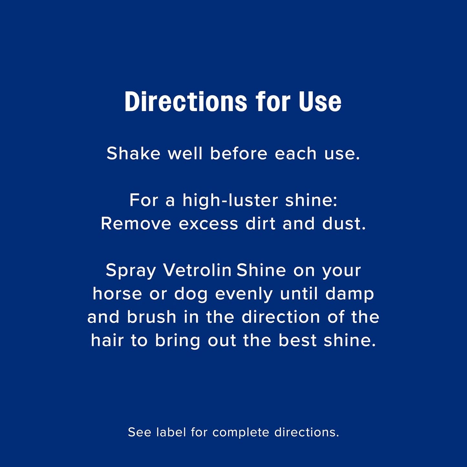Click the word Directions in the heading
tap(186, 102)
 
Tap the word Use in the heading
tap(320, 102)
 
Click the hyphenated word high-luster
tap(230, 200)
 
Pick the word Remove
tap(136, 224)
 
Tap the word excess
tap(208, 224)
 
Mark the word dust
tap(344, 224)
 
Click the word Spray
tap(131, 271)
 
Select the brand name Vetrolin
tap(197, 270)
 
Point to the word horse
tap(117, 294)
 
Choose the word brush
tap(151, 317)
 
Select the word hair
tap(107, 340)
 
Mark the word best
tap(297, 340)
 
